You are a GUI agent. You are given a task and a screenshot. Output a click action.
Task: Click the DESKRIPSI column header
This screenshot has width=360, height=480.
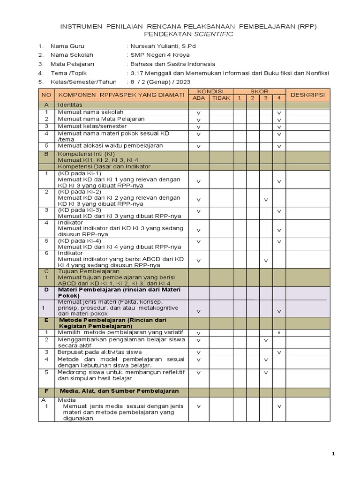coord(307,95)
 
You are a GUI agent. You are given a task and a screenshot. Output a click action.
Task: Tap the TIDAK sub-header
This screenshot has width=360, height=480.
coord(221,97)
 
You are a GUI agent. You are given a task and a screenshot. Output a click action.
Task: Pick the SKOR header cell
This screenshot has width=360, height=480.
coord(259,91)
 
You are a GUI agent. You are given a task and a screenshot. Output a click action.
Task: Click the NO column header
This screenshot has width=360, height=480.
coord(46,95)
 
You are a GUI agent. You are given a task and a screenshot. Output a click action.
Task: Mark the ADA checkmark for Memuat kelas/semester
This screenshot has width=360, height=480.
coord(198,127)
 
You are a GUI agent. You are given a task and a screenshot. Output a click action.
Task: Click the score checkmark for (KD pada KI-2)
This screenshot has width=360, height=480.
coord(266,200)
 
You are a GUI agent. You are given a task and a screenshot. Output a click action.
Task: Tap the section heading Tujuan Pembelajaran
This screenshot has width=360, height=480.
coord(89,271)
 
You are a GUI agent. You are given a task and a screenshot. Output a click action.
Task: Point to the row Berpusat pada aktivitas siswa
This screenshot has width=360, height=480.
coord(99,352)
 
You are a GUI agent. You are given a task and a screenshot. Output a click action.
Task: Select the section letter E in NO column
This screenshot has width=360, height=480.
coord(46,320)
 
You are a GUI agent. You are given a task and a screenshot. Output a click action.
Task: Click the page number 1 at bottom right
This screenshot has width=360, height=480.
coord(333,454)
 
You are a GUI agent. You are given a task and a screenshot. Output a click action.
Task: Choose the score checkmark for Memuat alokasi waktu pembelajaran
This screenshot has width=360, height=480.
coord(279,146)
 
